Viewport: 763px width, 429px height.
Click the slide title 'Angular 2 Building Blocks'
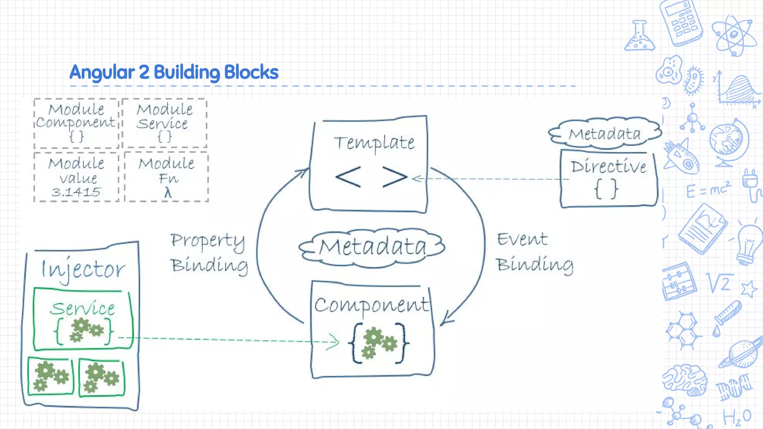pos(174,72)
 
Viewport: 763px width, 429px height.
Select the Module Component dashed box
pos(76,123)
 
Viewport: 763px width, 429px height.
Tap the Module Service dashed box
pos(164,123)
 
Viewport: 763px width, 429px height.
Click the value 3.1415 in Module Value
pos(76,192)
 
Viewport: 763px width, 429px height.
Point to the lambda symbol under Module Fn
pos(168,193)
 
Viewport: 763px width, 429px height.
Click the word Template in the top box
pos(374,143)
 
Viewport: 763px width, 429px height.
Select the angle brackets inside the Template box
pos(371,177)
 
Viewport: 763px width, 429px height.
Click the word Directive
pos(608,166)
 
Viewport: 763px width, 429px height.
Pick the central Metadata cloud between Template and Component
pos(372,247)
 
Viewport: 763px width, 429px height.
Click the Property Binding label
pos(209,253)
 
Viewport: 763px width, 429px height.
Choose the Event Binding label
pos(535,252)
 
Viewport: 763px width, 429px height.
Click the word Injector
pos(83,269)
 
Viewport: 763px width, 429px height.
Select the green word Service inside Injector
pos(82,308)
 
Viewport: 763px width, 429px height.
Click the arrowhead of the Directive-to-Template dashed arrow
pos(417,179)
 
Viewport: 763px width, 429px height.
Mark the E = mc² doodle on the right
pos(708,190)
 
